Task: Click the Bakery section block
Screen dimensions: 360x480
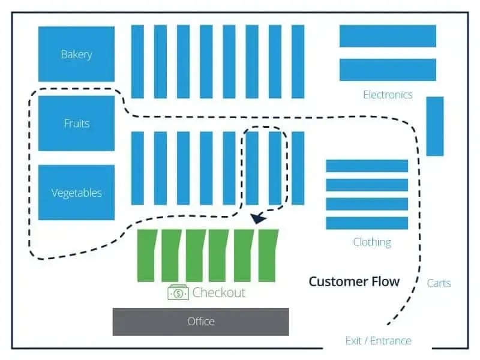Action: pos(76,54)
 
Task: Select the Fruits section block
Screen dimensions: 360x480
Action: pos(76,124)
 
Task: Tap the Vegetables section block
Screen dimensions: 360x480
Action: pos(76,193)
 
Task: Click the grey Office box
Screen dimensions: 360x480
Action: pos(200,322)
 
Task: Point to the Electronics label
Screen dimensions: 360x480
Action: pos(388,95)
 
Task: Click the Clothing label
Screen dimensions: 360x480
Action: pos(372,242)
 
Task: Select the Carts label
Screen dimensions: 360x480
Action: pos(439,283)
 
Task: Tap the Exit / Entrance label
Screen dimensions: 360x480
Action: pos(378,341)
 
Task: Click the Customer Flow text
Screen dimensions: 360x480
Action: pos(354,281)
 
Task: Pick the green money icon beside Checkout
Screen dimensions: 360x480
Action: pos(178,293)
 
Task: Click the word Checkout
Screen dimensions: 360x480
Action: pos(219,293)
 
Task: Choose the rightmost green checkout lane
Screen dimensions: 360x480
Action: pos(268,256)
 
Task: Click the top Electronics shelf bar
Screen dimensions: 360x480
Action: pos(388,35)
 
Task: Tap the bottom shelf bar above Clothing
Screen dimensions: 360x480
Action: pos(367,223)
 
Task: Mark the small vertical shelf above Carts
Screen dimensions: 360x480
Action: pos(435,126)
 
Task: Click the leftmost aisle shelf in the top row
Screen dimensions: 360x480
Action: pos(137,61)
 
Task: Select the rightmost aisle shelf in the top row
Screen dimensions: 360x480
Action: pos(298,61)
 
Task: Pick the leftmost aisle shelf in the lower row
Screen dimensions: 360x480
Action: pos(137,168)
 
